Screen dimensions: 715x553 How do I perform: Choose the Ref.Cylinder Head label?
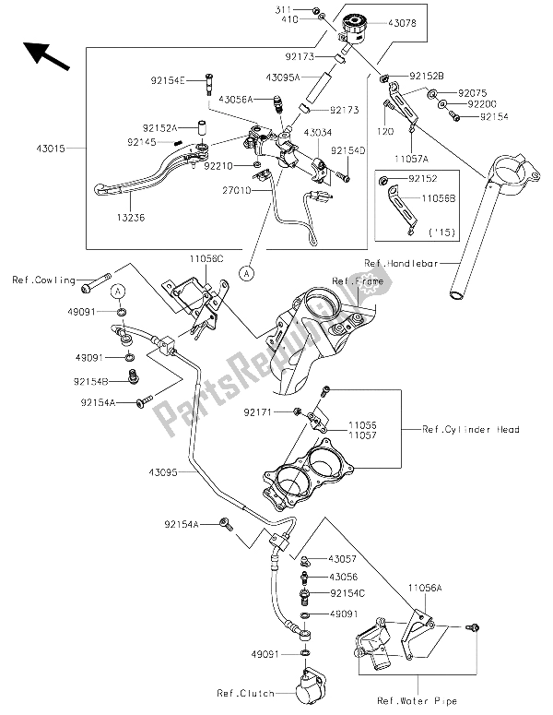pyautogui.click(x=471, y=428)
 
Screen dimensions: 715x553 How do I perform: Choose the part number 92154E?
pyautogui.click(x=170, y=81)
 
